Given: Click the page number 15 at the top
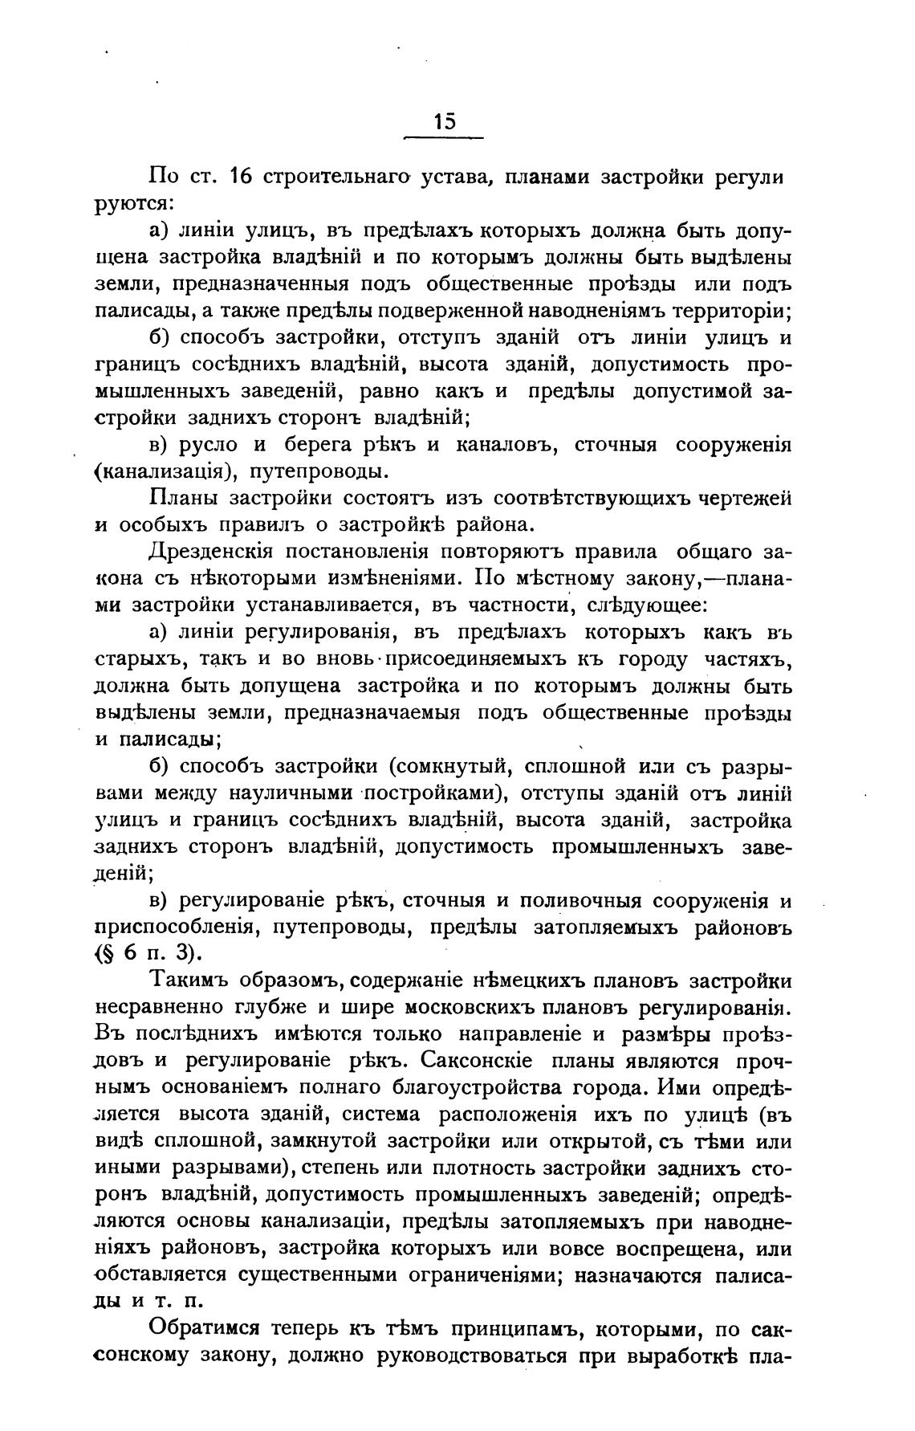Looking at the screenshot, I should click(x=444, y=120).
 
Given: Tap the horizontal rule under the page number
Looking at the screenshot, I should click(x=444, y=138).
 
